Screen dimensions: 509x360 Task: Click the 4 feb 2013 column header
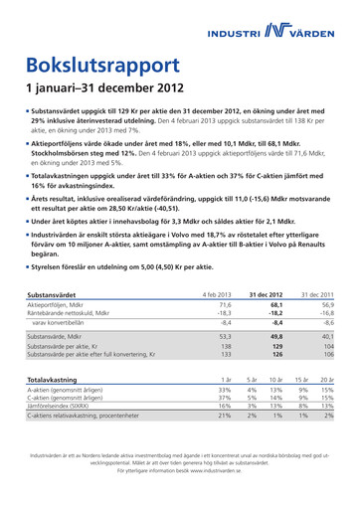(x=217, y=296)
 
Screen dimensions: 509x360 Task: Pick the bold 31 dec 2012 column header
(x=268, y=296)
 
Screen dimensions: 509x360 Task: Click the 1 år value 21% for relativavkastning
(x=224, y=417)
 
